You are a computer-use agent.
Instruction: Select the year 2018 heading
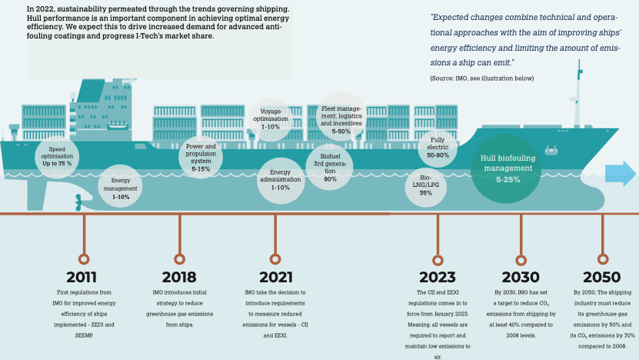[179, 278]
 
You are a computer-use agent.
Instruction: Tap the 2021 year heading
[275, 278]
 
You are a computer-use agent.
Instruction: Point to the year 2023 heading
[438, 278]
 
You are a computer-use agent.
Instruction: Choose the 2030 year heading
[521, 278]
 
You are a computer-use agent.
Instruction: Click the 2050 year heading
[602, 278]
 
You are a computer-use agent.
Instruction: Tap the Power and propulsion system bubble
[201, 157]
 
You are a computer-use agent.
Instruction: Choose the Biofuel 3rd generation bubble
[330, 167]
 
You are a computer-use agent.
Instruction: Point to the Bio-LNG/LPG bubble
[425, 188]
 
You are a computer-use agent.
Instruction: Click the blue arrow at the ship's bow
[620, 174]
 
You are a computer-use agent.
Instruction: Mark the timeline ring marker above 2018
[179, 259]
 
